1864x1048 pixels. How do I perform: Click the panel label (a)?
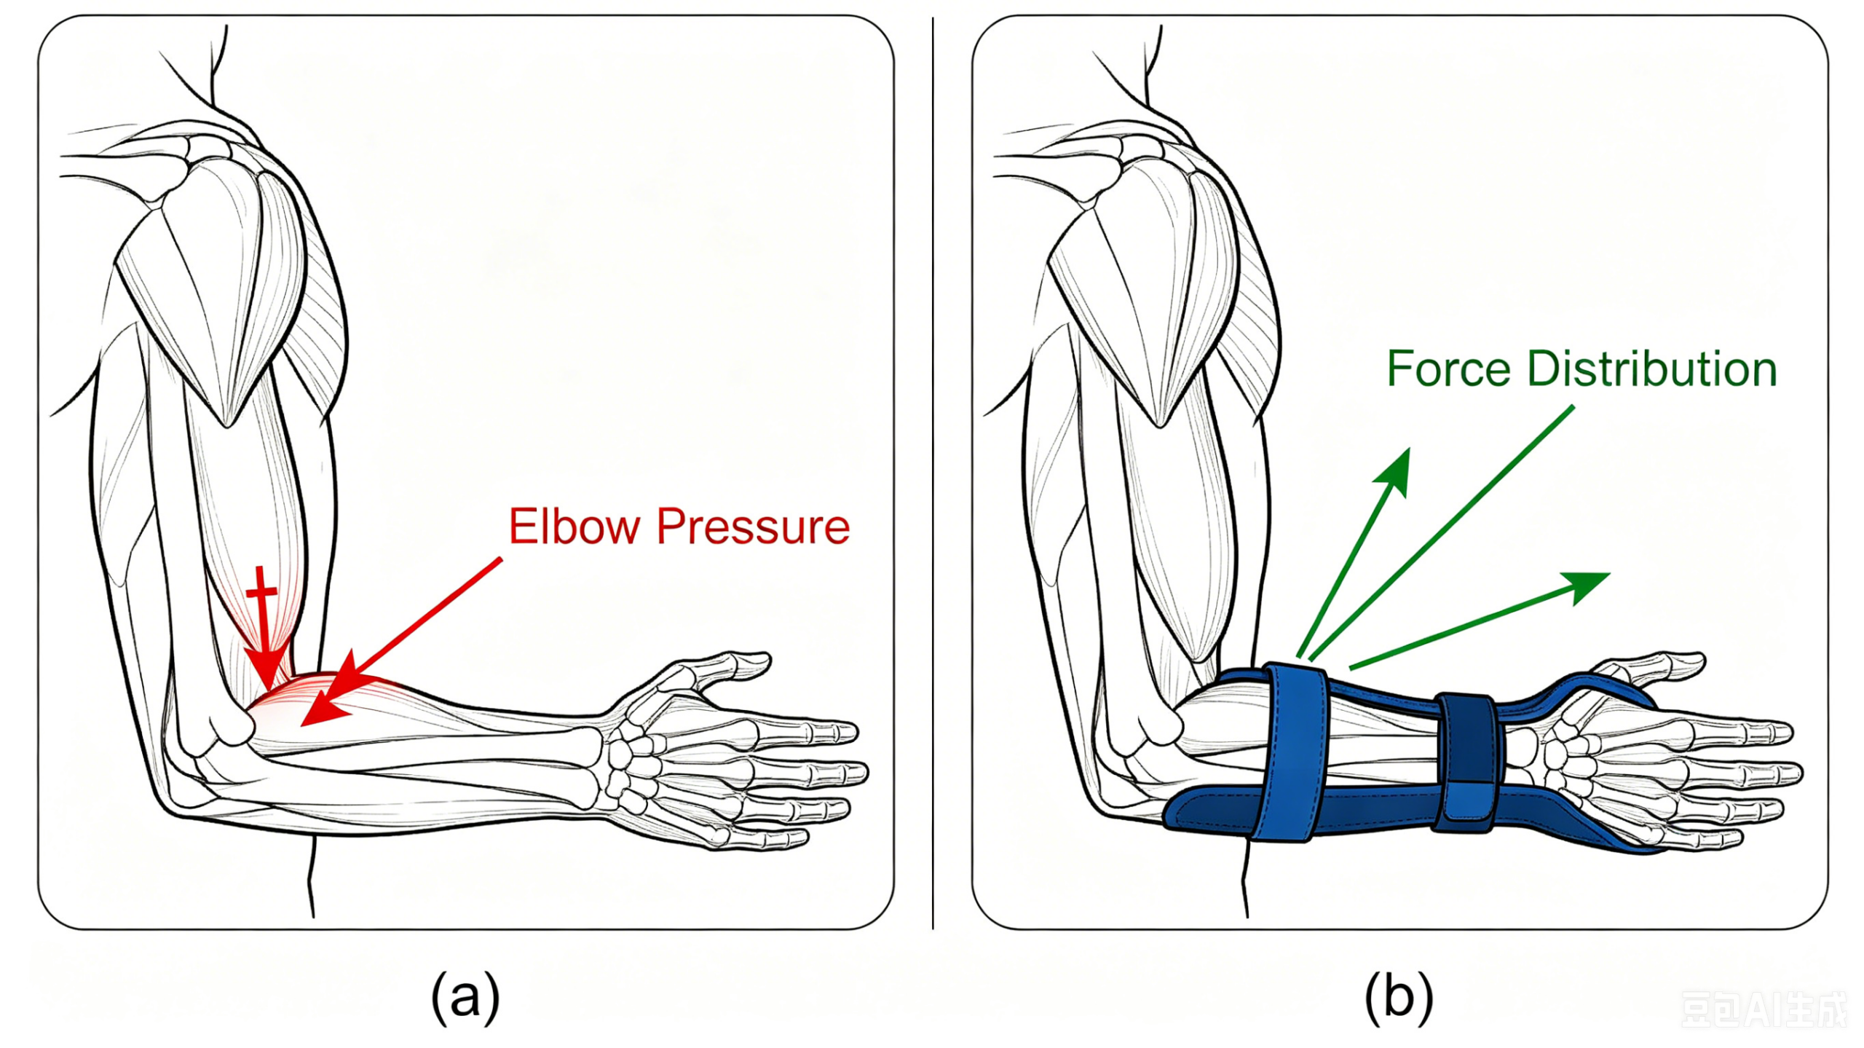[x=466, y=997]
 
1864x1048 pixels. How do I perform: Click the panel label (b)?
[x=1399, y=997]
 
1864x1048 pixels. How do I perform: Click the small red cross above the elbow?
[x=261, y=591]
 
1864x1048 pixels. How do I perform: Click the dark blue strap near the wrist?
[x=1466, y=764]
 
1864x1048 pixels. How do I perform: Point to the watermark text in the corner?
[x=1764, y=1009]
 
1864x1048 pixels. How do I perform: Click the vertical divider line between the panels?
[x=933, y=473]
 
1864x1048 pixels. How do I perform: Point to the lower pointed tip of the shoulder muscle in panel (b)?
[x=1161, y=425]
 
